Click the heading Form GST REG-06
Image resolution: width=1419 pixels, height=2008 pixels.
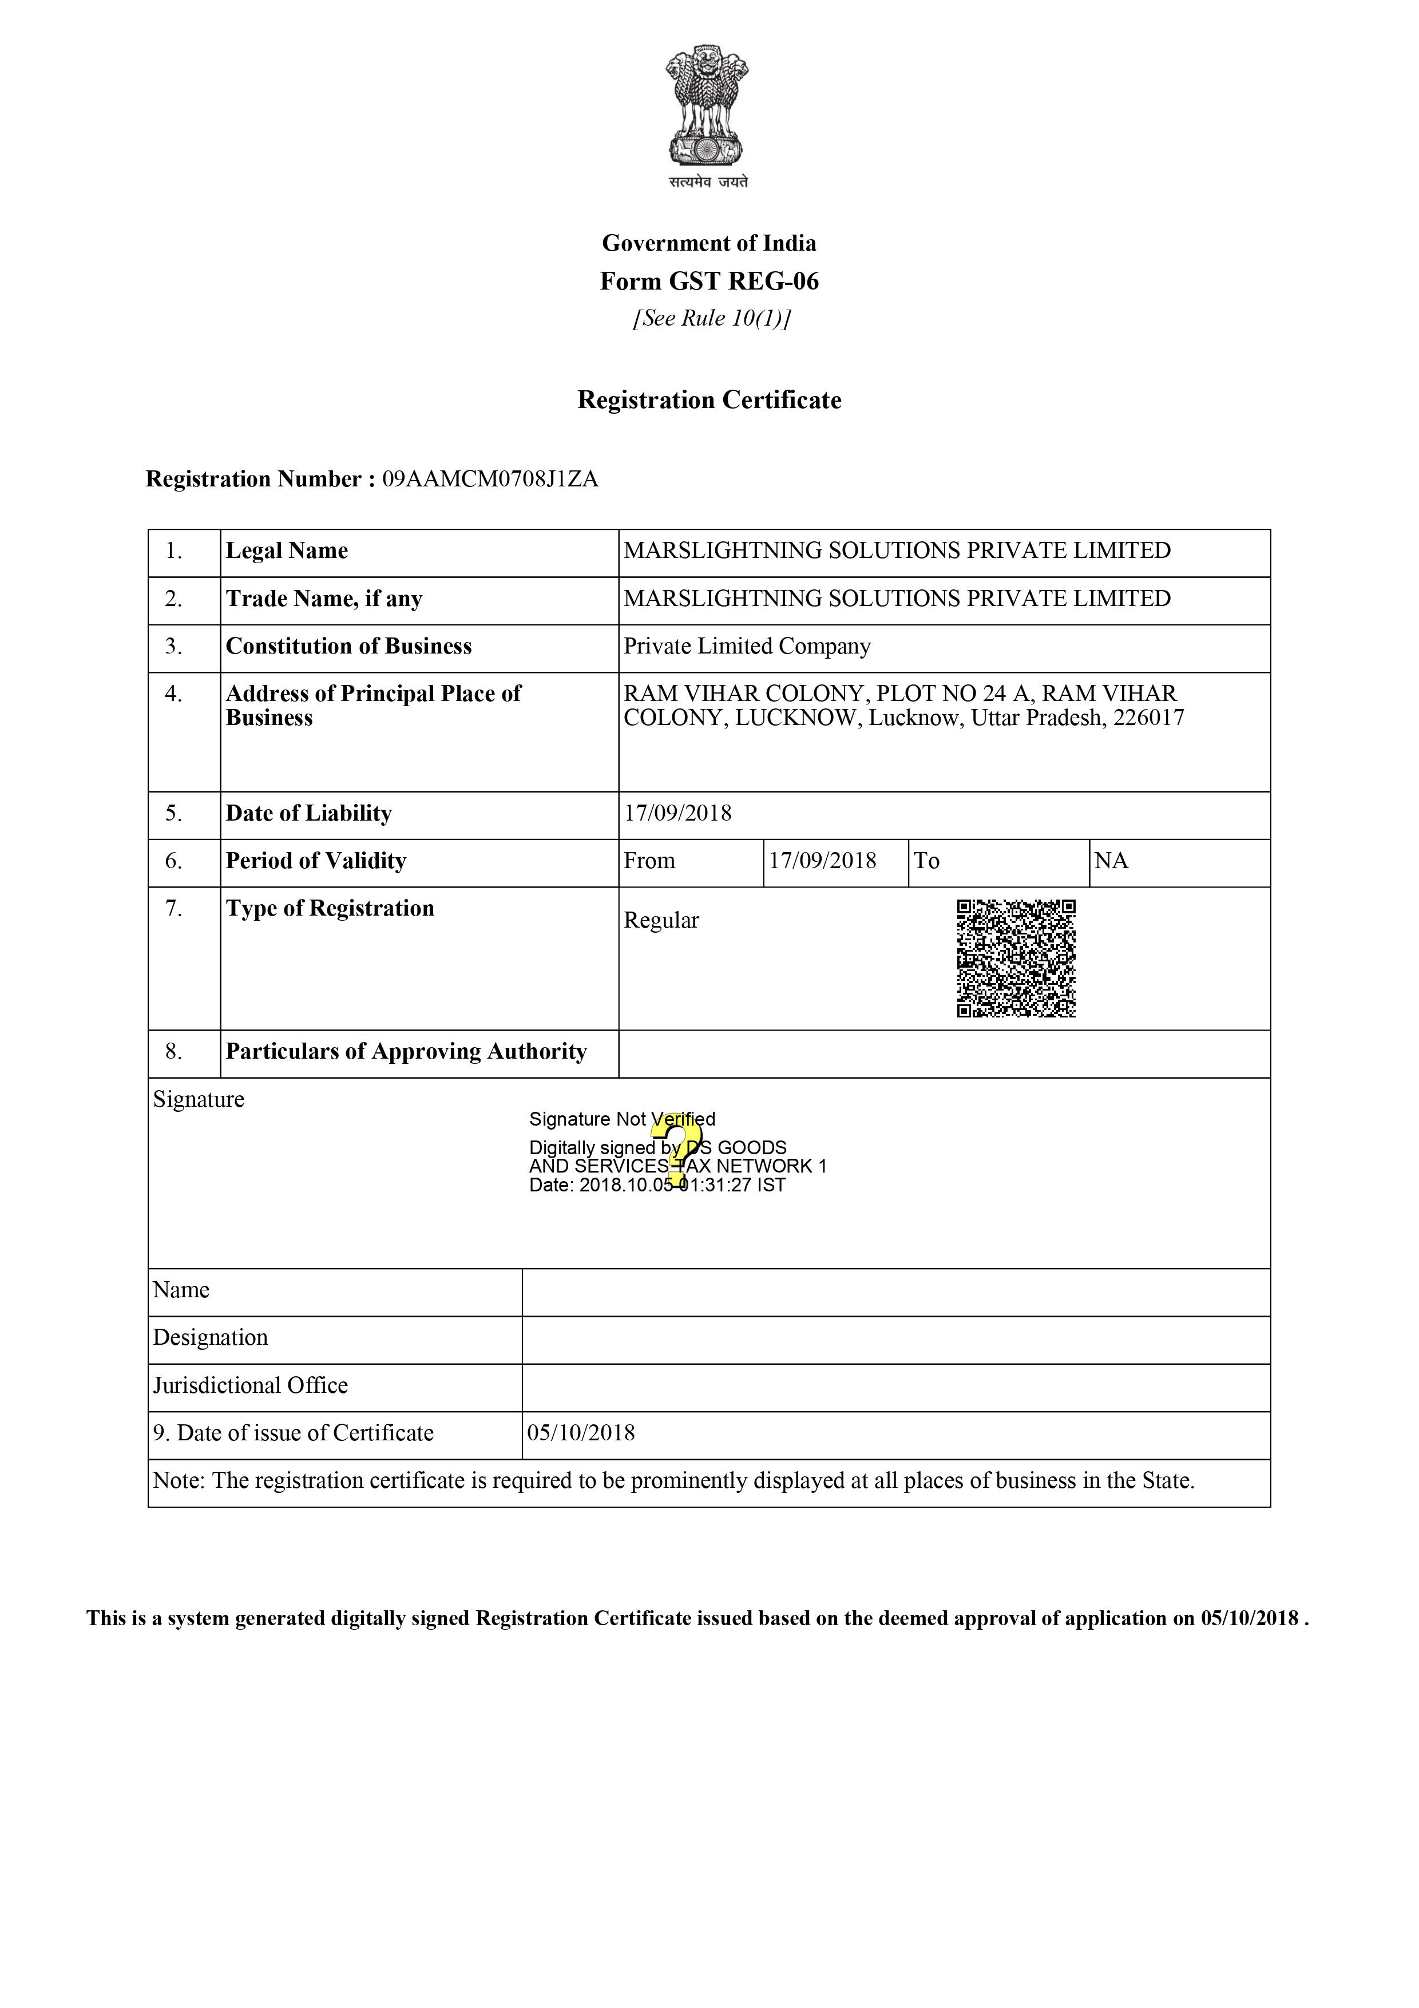(x=709, y=281)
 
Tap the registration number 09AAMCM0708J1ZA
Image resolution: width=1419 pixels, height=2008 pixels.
(x=490, y=480)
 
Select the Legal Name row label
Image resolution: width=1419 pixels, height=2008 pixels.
(x=287, y=551)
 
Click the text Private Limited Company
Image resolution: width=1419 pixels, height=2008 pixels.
(x=747, y=646)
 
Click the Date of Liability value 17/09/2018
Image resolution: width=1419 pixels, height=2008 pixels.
(x=677, y=813)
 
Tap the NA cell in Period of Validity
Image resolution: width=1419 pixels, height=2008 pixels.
(x=1111, y=861)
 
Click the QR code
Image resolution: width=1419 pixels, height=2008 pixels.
(x=1016, y=959)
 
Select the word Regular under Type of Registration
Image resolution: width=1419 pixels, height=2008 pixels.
(x=661, y=921)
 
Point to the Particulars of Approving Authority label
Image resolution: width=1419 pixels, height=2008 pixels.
(x=406, y=1051)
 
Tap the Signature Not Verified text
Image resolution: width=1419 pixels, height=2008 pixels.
(x=621, y=1119)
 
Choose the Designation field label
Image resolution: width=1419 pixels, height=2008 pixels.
(x=211, y=1338)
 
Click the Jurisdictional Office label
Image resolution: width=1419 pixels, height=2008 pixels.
(x=250, y=1385)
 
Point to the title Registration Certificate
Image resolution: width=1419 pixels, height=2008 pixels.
(x=709, y=401)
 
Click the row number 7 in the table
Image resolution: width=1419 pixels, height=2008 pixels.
(x=174, y=909)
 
